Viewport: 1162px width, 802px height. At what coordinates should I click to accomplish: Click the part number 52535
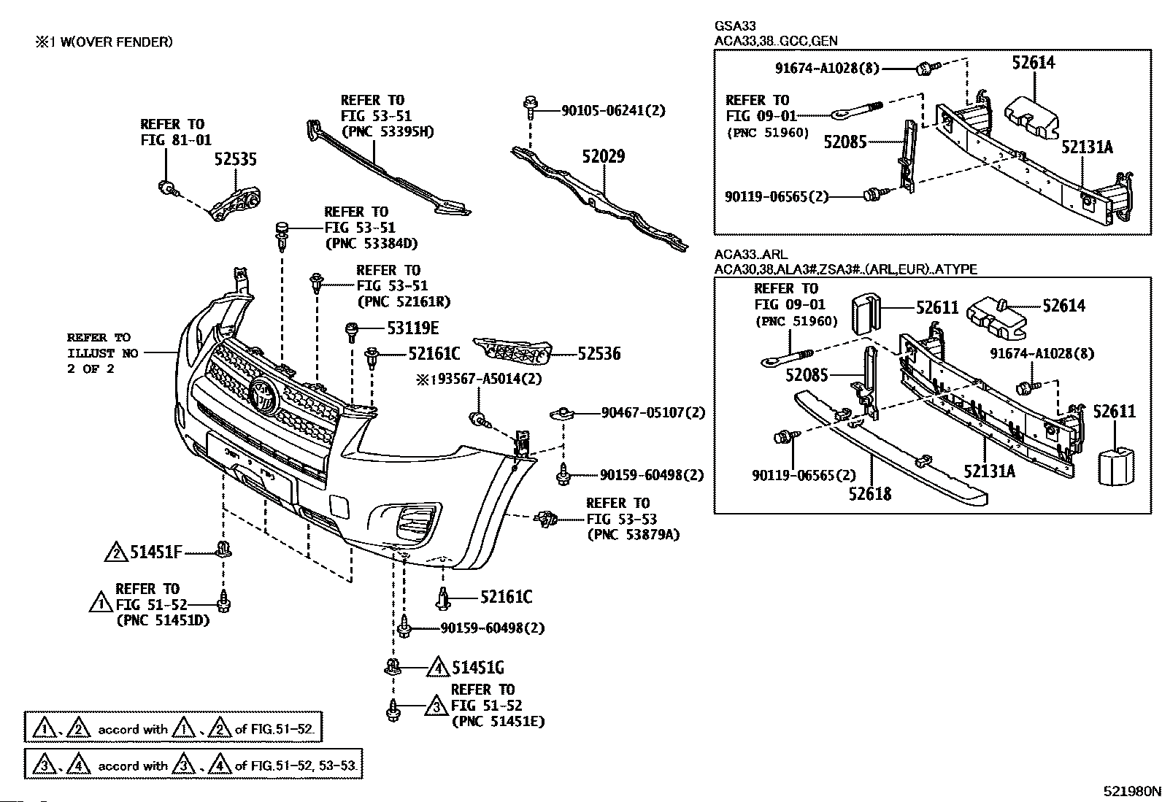[236, 159]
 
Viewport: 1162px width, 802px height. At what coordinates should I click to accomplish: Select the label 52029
[604, 156]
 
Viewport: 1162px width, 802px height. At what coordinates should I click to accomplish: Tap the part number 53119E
[413, 328]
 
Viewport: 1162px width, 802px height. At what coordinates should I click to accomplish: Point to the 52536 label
[599, 353]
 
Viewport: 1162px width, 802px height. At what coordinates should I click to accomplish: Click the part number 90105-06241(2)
[613, 110]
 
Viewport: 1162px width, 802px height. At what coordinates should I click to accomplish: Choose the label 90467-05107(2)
[653, 412]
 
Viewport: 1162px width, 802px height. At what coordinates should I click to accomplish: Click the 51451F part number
[156, 552]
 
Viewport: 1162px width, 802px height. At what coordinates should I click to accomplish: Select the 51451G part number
[478, 668]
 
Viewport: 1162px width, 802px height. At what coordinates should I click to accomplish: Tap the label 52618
[870, 493]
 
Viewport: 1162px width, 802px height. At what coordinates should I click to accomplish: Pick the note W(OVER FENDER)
[117, 42]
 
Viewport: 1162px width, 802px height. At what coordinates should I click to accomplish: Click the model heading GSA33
[735, 26]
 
